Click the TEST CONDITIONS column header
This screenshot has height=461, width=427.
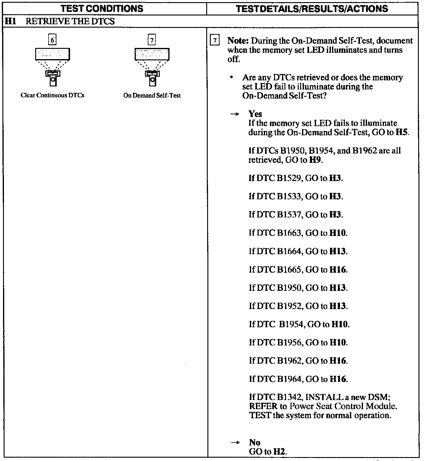102,8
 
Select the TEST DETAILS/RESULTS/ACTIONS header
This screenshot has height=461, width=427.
312,8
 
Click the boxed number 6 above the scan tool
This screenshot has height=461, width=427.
52,40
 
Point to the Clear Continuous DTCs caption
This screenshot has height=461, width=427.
52,95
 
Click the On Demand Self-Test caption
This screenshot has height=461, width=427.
152,95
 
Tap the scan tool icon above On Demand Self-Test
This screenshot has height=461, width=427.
152,67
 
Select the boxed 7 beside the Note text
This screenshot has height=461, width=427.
215,41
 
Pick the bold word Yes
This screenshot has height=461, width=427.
255,114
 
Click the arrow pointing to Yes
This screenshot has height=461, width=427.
234,114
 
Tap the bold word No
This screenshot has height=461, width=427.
255,442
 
